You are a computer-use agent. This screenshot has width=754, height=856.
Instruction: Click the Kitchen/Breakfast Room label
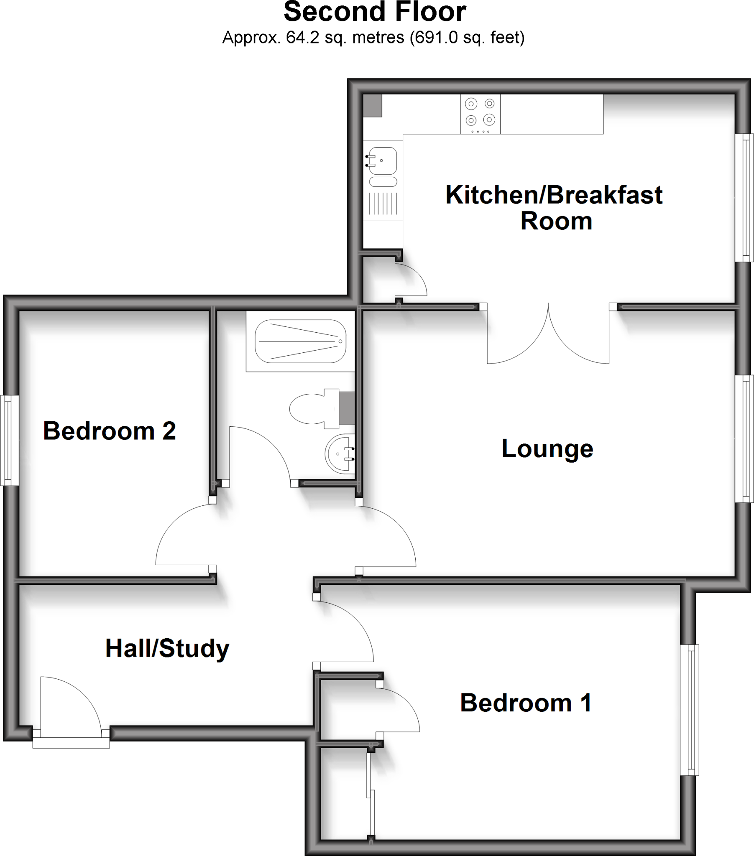click(554, 208)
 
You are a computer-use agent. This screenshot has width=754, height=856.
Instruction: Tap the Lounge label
click(547, 448)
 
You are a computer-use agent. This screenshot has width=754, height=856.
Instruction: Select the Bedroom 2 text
click(110, 431)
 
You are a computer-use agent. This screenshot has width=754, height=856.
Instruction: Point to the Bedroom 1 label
click(526, 703)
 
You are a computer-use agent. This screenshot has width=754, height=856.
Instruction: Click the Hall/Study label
click(167, 648)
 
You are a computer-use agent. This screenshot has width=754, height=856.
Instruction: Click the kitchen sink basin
click(383, 161)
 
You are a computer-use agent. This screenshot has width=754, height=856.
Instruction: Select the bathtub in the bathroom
click(300, 341)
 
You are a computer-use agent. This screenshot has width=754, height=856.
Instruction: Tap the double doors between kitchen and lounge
click(548, 335)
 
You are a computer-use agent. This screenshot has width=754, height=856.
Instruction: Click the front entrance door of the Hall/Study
click(70, 708)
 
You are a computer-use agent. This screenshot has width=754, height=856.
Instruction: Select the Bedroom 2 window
click(9, 441)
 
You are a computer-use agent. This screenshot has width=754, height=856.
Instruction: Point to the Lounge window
click(745, 438)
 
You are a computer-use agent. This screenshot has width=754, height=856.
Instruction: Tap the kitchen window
click(745, 197)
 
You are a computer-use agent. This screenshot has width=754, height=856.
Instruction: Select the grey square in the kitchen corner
click(372, 105)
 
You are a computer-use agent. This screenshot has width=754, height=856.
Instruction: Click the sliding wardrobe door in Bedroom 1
click(371, 794)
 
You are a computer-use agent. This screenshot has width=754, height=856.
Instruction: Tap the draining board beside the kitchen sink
click(383, 204)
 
